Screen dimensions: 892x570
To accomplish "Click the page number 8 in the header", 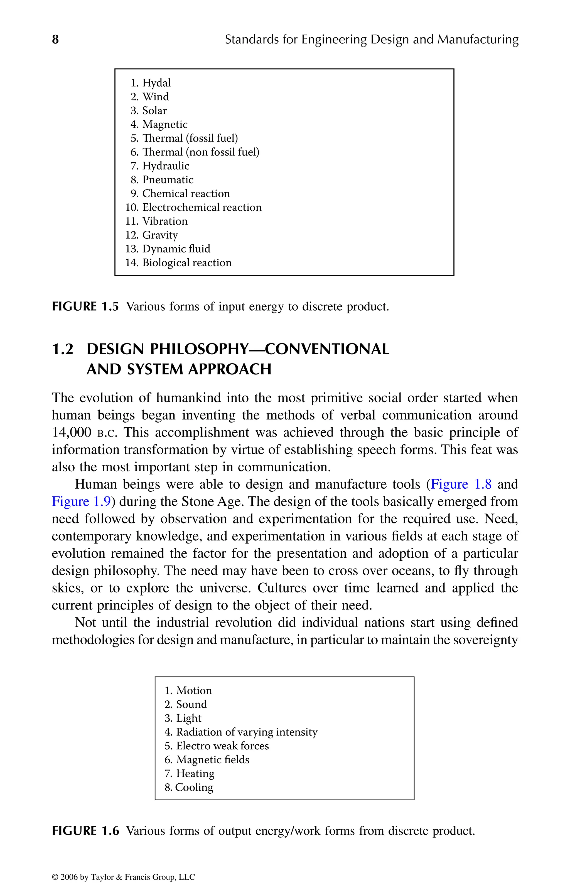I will click(x=55, y=39).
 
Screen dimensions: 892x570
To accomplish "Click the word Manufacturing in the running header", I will click(x=478, y=39).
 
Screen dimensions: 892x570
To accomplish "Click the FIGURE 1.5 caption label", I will click(x=85, y=307).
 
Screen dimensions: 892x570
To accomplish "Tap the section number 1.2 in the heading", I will click(x=63, y=349).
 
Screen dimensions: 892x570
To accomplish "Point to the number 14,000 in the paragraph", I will click(x=72, y=432).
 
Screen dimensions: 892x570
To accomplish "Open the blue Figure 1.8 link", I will click(x=461, y=484).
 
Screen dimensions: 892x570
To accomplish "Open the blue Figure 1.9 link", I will click(x=82, y=501).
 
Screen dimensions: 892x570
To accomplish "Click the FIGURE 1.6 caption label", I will click(x=85, y=831).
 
